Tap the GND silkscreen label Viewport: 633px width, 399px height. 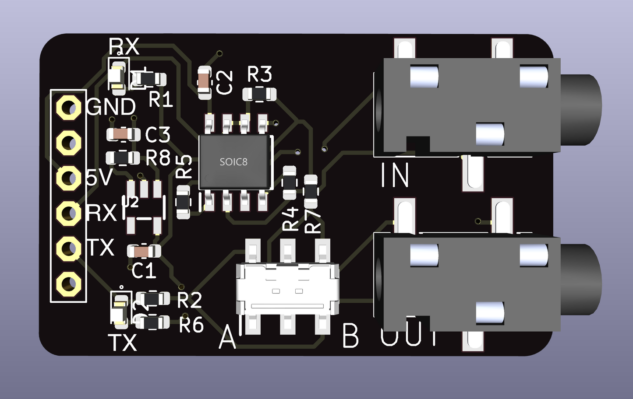tap(111, 107)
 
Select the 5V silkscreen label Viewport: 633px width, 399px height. tap(99, 178)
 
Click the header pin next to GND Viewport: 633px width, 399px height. tap(68, 108)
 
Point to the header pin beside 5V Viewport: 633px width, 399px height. tap(68, 178)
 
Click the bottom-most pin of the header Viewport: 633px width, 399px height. tap(68, 284)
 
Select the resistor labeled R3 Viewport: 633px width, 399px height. tap(259, 94)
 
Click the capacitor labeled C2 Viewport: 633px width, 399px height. tap(205, 82)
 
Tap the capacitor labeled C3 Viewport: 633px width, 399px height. tap(123, 134)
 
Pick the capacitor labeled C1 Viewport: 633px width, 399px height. tap(143, 251)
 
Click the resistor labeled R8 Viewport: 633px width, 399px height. tap(123, 157)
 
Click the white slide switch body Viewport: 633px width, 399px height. tap(287, 289)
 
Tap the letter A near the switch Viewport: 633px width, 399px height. tap(227, 337)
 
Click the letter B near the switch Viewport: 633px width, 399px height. tap(350, 336)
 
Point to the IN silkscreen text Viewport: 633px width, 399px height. tap(395, 175)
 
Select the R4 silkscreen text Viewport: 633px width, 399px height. tap(291, 219)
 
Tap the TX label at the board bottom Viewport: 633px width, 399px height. tap(122, 343)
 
